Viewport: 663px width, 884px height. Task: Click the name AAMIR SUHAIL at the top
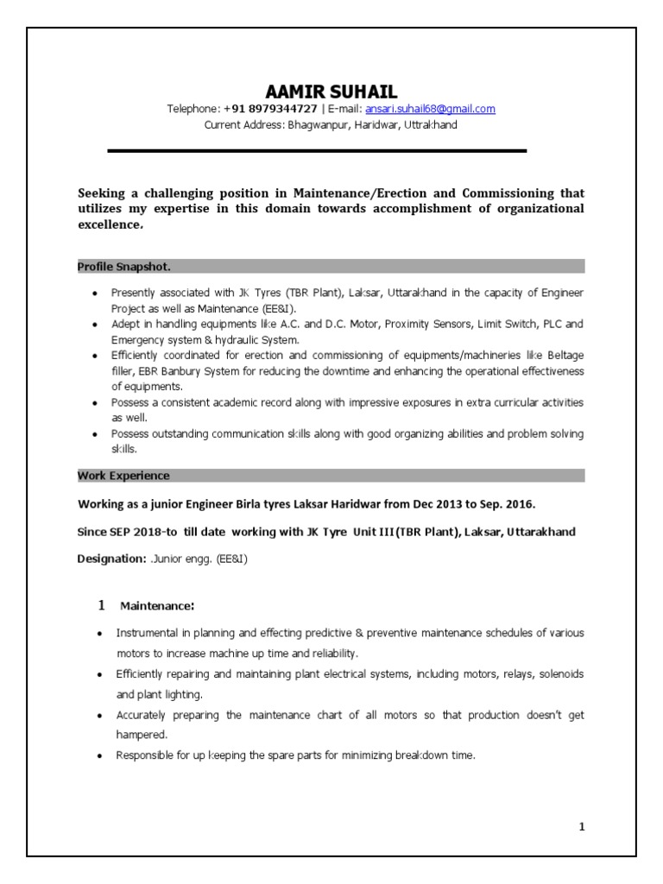(331, 92)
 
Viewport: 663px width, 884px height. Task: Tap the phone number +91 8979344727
(270, 109)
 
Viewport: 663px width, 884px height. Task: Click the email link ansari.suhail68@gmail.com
(430, 109)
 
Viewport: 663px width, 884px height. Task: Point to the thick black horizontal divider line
(317, 151)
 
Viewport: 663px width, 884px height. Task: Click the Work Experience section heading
(123, 476)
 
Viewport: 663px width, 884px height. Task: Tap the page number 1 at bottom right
(582, 827)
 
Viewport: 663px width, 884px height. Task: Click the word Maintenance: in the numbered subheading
(157, 605)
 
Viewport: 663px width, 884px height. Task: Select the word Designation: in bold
(111, 559)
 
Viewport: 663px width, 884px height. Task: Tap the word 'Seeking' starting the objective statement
(104, 193)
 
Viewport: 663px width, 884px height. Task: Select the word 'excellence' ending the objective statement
(109, 224)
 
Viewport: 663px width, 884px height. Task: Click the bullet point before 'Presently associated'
(94, 294)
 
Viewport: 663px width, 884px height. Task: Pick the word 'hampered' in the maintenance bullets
(141, 734)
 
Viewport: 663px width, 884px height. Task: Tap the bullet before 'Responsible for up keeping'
(98, 755)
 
